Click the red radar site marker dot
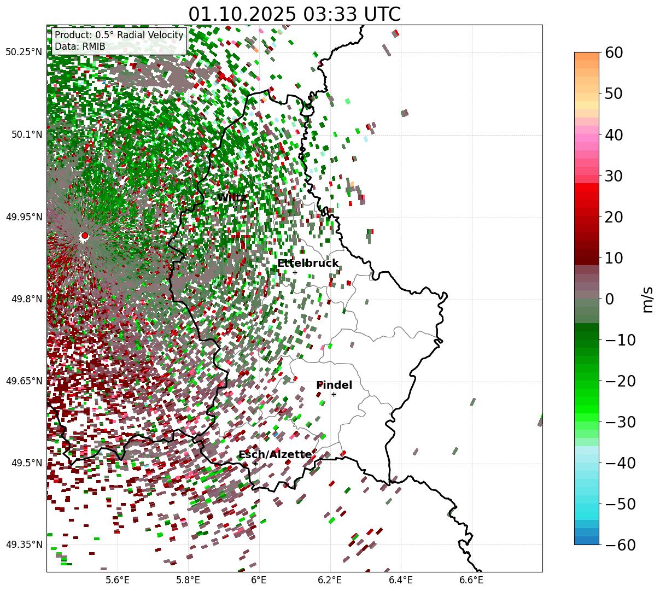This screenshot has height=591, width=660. (84, 236)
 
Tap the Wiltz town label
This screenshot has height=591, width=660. (232, 197)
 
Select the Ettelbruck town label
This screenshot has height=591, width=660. (308, 264)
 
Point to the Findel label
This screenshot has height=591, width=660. (334, 385)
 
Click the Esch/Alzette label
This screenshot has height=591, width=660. (275, 455)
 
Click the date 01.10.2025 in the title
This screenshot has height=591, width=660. (239, 15)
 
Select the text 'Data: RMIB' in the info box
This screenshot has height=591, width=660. (80, 46)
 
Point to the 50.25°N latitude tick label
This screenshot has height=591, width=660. (24, 52)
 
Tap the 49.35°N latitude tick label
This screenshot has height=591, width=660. (24, 545)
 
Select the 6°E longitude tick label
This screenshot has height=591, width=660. (259, 579)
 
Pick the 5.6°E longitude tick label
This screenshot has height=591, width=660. (118, 579)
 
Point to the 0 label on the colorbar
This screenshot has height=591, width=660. (609, 299)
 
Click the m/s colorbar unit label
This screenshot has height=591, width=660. (648, 299)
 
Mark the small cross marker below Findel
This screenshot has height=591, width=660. (334, 394)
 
